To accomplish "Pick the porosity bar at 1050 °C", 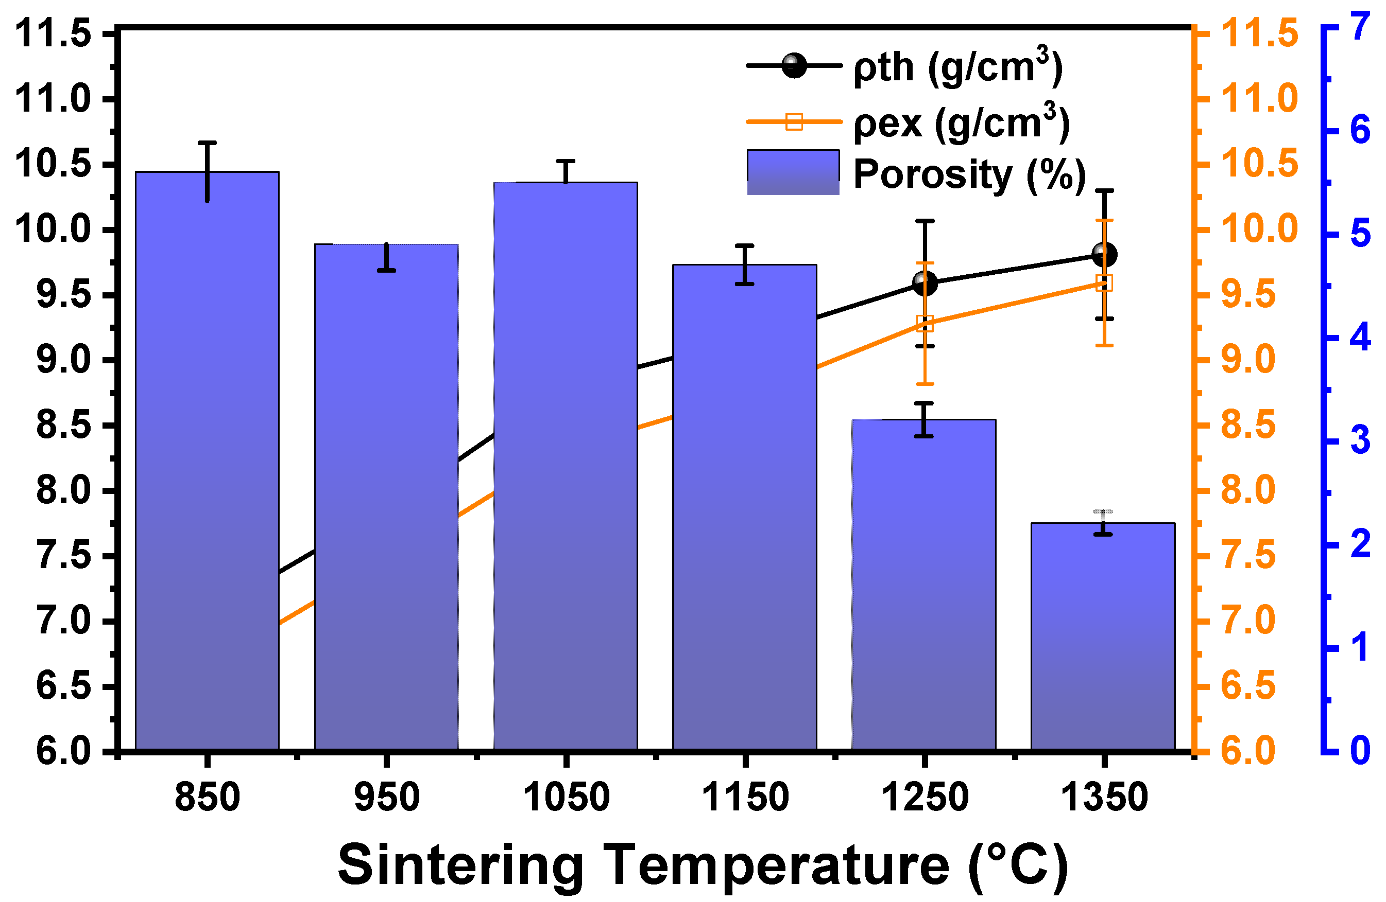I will pos(566,466).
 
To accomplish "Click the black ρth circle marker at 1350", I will pos(1104,254).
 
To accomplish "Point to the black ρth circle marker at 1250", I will pos(925,284).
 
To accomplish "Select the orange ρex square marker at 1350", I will pos(1104,283).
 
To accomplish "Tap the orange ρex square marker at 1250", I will pos(925,324).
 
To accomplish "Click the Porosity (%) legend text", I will pos(970,174).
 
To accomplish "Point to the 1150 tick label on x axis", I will pos(745,797).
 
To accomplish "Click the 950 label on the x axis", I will pos(387,797).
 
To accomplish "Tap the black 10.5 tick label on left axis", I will pos(53,164).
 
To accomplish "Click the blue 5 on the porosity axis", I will pos(1360,234).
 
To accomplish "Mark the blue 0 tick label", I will pos(1360,750).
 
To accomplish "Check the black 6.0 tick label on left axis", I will pos(63,751).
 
